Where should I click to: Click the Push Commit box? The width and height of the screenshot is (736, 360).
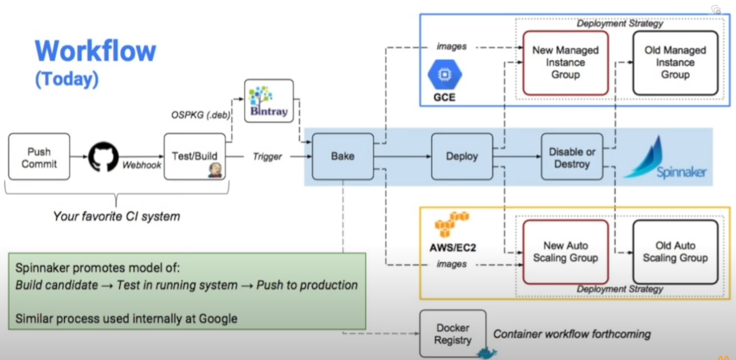click(x=39, y=156)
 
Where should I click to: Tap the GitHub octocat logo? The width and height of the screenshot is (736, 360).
click(x=104, y=156)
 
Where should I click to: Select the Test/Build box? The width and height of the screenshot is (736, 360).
click(x=194, y=156)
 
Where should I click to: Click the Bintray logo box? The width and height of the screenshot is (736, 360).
click(x=269, y=100)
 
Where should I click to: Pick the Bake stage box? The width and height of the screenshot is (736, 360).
click(x=342, y=156)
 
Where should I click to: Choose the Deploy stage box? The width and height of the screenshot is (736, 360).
click(x=462, y=156)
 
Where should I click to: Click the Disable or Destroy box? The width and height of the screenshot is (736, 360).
click(x=572, y=156)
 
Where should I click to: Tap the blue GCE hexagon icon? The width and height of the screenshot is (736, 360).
click(x=445, y=74)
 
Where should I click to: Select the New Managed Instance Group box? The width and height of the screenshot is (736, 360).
click(x=565, y=63)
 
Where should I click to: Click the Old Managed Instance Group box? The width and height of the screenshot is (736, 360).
click(x=675, y=63)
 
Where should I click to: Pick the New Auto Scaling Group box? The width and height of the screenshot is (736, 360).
click(x=565, y=252)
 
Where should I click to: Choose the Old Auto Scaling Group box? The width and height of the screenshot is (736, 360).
click(x=675, y=252)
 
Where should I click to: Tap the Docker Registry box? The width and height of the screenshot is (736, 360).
click(x=453, y=334)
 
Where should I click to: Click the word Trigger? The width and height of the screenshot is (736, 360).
click(x=267, y=157)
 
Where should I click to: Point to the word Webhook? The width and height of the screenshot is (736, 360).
click(x=142, y=166)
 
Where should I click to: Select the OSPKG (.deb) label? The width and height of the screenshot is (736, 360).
click(x=200, y=115)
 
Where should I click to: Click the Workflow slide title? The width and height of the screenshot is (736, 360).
click(x=95, y=51)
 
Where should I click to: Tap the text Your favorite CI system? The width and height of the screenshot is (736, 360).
click(x=116, y=217)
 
